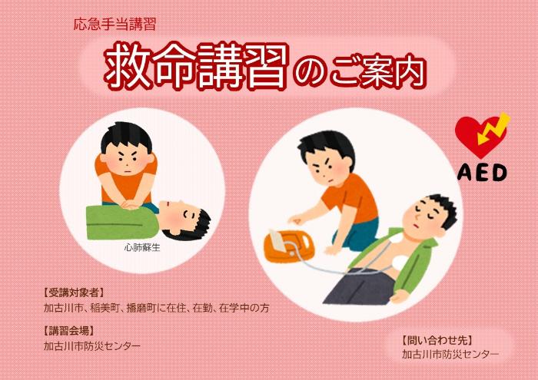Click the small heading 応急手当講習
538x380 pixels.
[x=115, y=25]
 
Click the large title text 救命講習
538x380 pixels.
[x=196, y=65]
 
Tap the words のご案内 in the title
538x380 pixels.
[x=359, y=71]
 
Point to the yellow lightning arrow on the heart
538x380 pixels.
[x=494, y=128]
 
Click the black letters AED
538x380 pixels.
[x=482, y=173]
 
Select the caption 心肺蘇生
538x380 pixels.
[x=142, y=247]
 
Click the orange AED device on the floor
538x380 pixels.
[x=288, y=246]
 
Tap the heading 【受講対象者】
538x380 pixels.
[x=74, y=292]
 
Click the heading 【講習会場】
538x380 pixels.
[x=68, y=331]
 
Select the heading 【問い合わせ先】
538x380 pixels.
[x=437, y=340]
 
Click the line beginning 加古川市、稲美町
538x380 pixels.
[x=157, y=308]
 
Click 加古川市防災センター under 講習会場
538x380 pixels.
[x=92, y=346]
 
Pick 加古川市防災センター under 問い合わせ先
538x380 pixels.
[x=450, y=355]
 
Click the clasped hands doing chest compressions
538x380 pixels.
[x=131, y=204]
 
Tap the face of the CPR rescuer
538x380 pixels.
[x=127, y=160]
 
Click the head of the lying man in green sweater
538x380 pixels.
[x=184, y=220]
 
